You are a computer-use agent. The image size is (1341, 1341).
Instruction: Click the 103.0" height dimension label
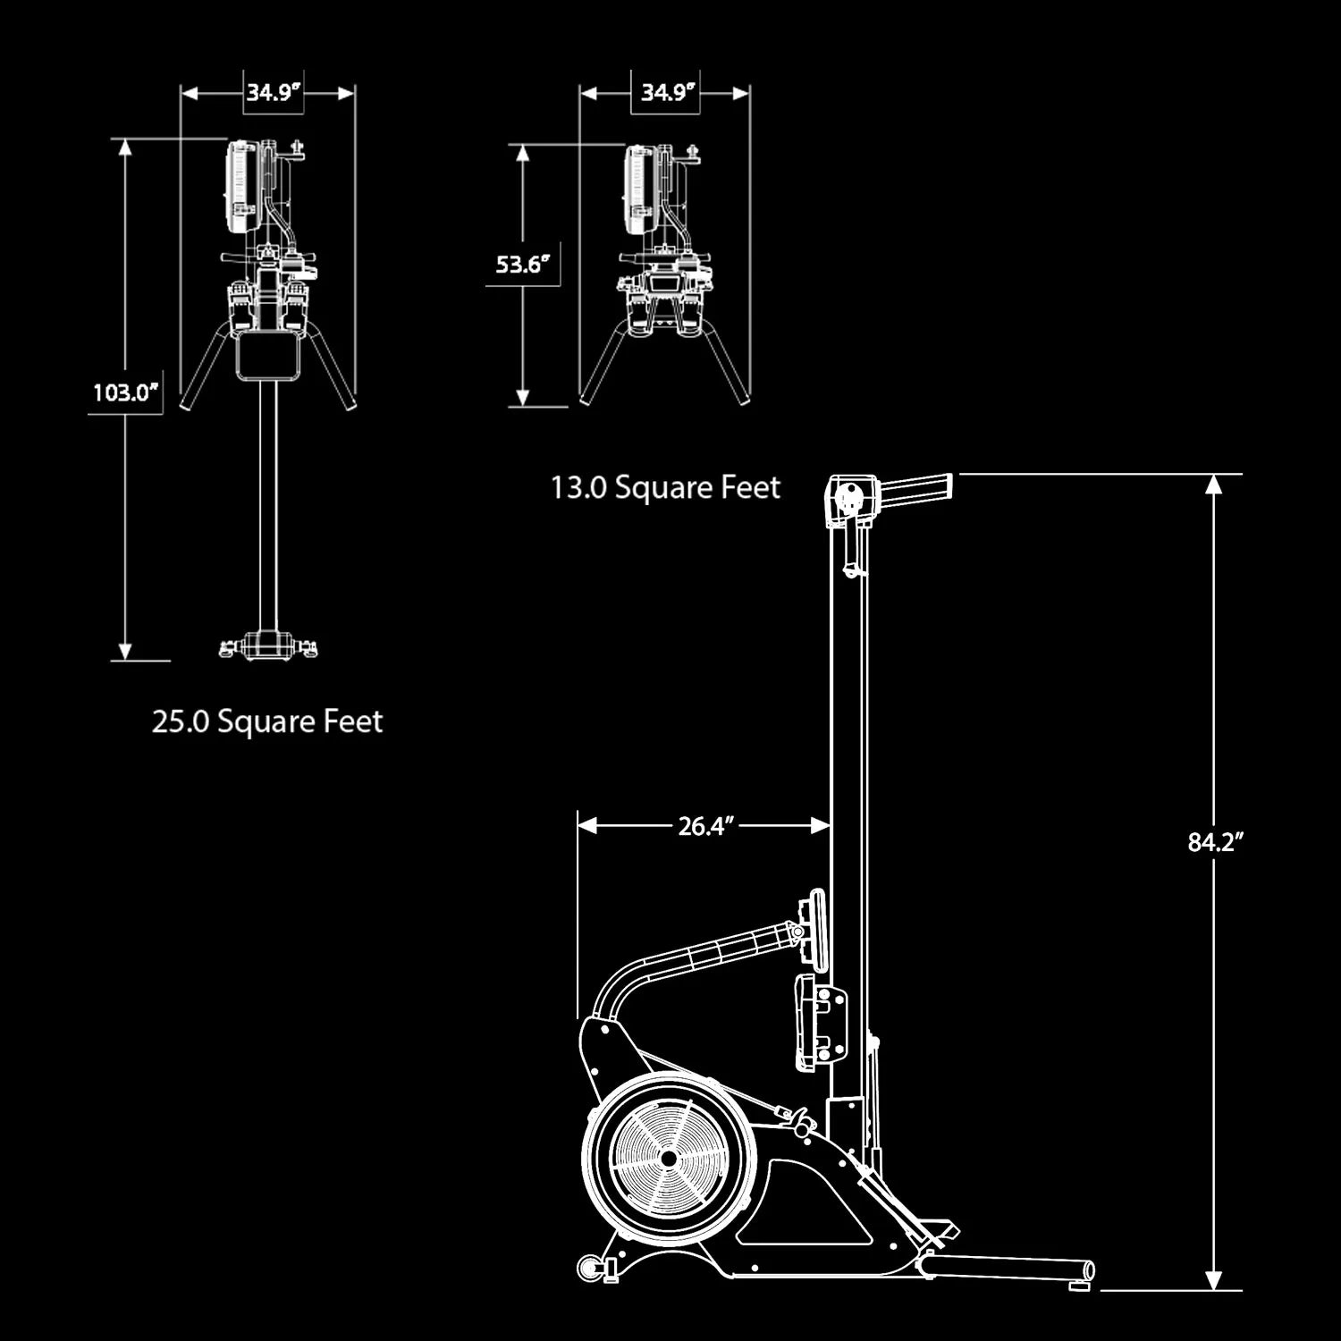click(x=125, y=392)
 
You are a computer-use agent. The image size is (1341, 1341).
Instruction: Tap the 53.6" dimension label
click(x=522, y=265)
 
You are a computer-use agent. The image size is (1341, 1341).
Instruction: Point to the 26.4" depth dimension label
click(x=705, y=826)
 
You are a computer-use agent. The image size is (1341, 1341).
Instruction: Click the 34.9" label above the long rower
click(x=273, y=92)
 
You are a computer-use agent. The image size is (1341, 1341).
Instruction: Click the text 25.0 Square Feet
click(x=267, y=721)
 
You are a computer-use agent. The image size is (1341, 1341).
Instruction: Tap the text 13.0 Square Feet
click(x=665, y=487)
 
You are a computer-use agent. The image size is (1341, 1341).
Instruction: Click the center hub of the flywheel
click(x=667, y=1158)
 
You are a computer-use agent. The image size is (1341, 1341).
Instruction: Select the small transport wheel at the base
click(x=590, y=1267)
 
